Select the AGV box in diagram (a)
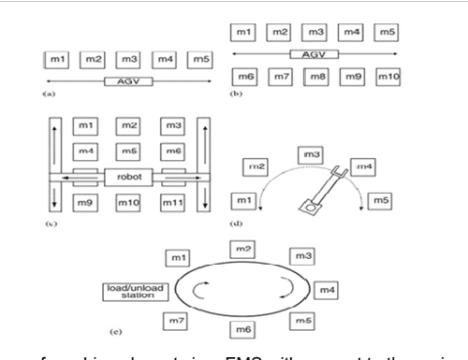124,82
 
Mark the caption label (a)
49,94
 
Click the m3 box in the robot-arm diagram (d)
309,153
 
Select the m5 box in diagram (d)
379,199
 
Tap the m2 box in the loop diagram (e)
241,247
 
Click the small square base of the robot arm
305,211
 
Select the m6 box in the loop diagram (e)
241,329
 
